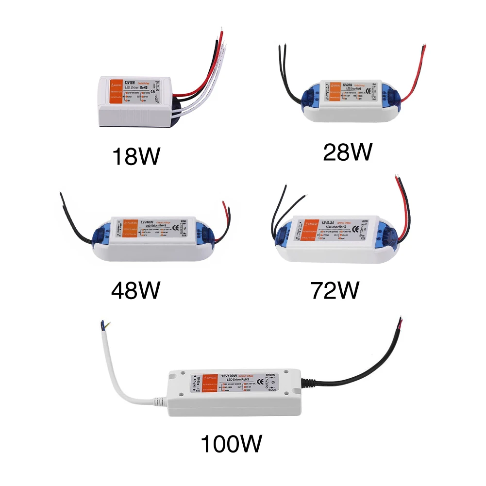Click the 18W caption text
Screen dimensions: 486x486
(135, 156)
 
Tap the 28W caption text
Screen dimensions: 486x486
(347, 151)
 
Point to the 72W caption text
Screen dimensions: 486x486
(335, 290)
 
